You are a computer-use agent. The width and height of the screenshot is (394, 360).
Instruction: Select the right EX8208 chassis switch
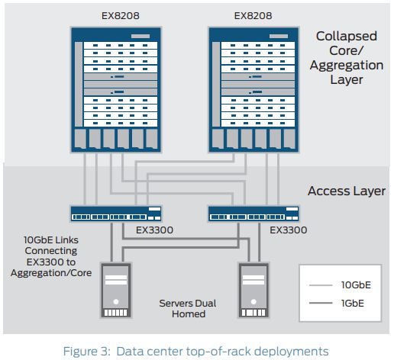(x=251, y=87)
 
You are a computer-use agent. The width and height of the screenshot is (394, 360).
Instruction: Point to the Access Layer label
(x=347, y=191)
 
